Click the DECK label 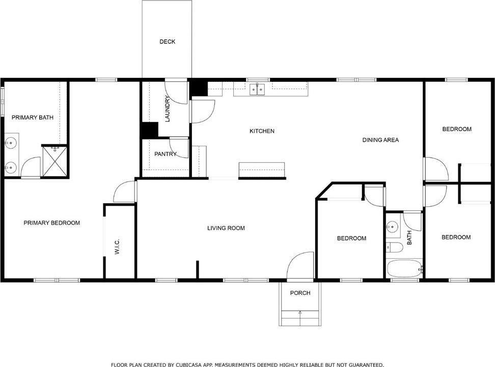[167, 42]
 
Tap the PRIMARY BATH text [33, 117]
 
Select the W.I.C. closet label [117, 247]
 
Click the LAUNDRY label [168, 109]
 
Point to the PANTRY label [165, 154]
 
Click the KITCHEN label [262, 131]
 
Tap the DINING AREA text [380, 140]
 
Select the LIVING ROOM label [226, 228]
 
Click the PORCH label [300, 293]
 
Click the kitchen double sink [258, 89]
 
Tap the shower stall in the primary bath [54, 161]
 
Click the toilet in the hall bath [395, 248]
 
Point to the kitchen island [262, 170]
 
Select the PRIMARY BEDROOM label [52, 223]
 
